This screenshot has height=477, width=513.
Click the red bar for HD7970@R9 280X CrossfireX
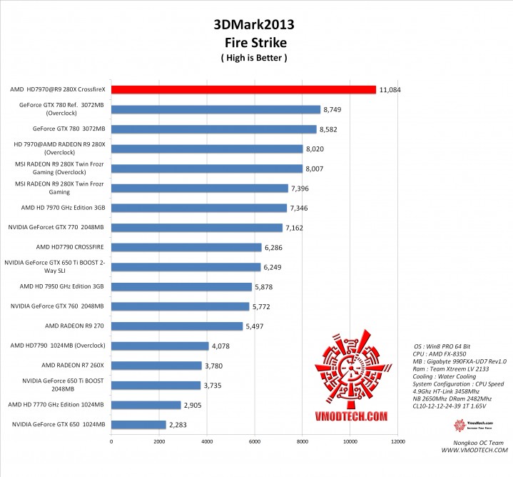(x=243, y=90)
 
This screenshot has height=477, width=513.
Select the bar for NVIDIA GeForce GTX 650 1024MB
(x=138, y=424)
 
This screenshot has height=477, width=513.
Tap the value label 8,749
(x=335, y=110)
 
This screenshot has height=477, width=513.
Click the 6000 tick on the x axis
(x=254, y=441)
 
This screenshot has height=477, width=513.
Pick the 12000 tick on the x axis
(x=397, y=441)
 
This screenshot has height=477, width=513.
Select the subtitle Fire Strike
(x=253, y=42)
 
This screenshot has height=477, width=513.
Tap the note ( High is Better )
(x=253, y=58)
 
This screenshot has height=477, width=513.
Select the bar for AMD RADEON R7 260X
(x=156, y=366)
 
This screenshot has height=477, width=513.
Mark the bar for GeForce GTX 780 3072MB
(x=213, y=129)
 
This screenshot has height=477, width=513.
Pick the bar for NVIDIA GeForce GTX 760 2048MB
(x=180, y=306)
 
